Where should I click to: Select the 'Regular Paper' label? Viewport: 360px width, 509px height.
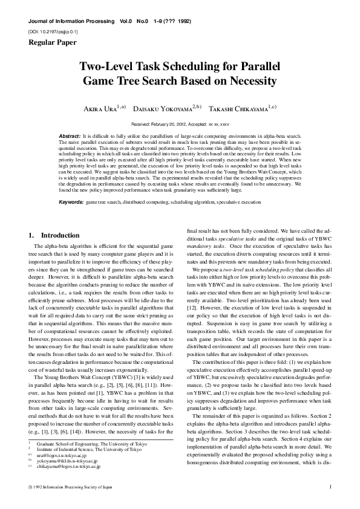[x=51, y=42]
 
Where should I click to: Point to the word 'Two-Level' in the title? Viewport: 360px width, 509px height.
[x=106, y=66]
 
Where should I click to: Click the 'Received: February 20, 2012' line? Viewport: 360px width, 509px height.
[x=180, y=123]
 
